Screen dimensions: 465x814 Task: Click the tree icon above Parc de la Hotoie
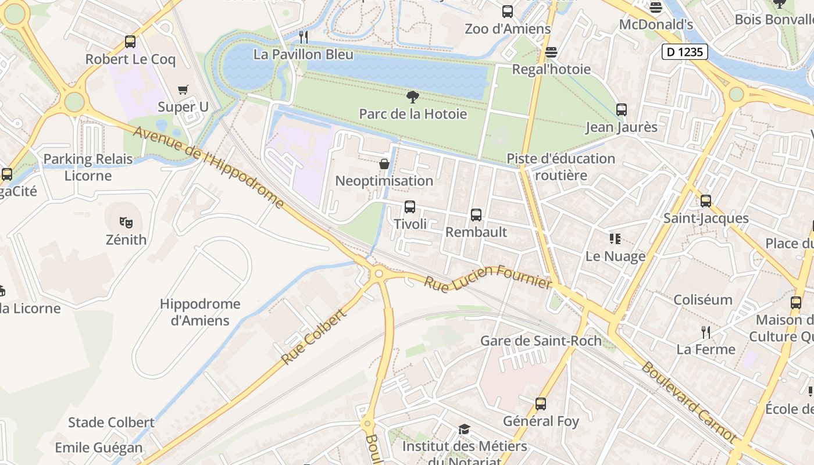413,96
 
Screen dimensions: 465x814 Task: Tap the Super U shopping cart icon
183,90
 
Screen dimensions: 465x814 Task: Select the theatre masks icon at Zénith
126,222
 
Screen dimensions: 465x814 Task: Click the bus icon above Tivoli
410,207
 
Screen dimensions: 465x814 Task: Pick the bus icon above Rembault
476,215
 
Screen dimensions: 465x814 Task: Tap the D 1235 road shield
685,52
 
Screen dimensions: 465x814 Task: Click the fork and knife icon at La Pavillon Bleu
303,37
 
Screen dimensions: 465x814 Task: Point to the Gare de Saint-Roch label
541,341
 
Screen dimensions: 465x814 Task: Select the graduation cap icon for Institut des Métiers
464,430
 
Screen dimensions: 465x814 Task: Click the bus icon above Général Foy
541,404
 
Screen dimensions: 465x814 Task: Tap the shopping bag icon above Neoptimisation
384,164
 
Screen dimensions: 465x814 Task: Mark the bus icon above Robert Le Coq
130,42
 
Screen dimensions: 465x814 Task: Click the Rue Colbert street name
314,337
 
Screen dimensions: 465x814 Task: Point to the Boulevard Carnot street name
688,401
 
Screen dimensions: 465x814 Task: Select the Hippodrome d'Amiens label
200,312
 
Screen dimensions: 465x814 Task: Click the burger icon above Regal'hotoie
551,52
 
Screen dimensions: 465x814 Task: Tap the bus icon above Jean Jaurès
622,110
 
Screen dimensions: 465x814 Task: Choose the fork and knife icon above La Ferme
706,332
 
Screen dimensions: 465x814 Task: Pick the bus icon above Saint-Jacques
706,201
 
